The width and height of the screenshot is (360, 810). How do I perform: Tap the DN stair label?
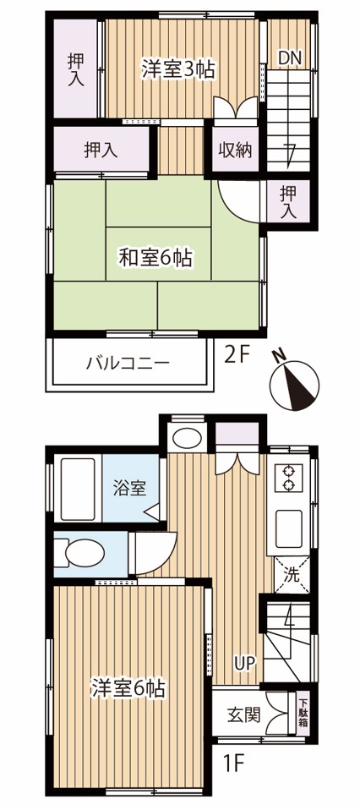(x=290, y=57)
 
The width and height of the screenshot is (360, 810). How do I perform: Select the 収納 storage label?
(x=235, y=151)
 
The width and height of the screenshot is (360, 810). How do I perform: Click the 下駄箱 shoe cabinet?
(x=303, y=713)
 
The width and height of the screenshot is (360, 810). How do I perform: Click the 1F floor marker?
(x=233, y=763)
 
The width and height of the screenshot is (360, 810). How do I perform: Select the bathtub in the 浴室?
(x=78, y=490)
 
